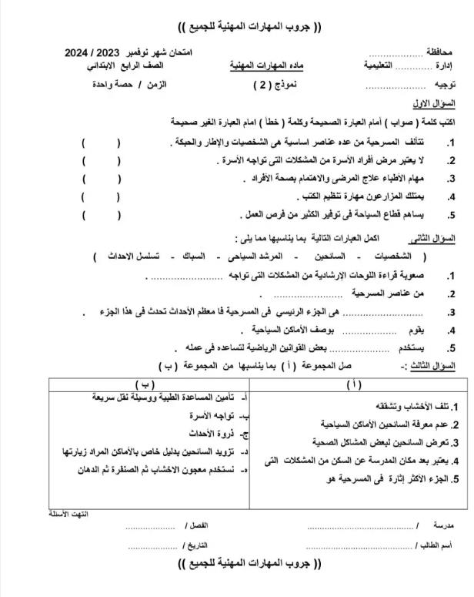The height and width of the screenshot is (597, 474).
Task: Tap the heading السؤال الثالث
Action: pos(431,367)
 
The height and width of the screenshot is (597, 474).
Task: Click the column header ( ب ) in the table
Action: pos(143,384)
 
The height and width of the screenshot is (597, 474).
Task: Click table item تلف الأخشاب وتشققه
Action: pos(421,406)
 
